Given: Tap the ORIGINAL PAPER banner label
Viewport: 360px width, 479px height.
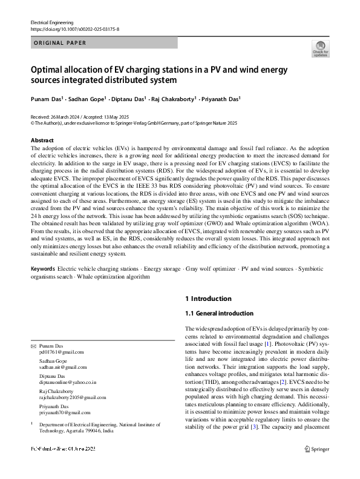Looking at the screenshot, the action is click(x=60, y=43).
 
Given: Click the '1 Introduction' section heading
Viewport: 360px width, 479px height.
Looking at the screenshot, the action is click(x=208, y=299).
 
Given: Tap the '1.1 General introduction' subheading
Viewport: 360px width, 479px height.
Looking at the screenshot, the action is click(x=219, y=314).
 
